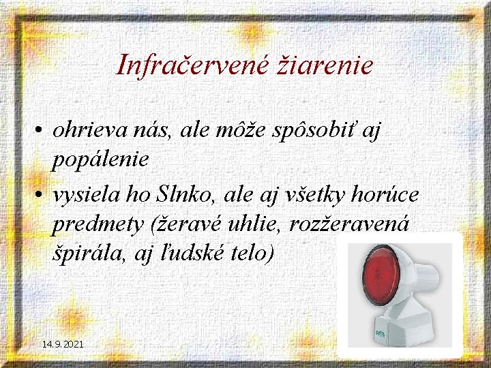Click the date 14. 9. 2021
(63, 345)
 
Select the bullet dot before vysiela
(42, 196)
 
